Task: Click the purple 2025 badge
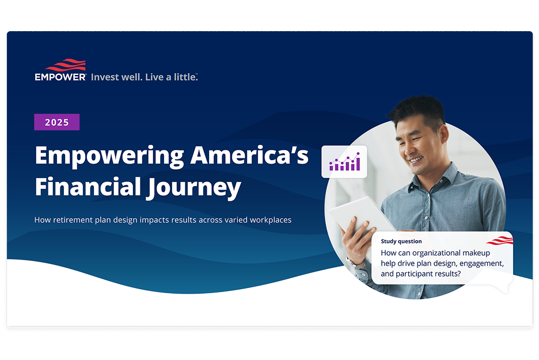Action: point(56,122)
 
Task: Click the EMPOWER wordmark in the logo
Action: point(60,77)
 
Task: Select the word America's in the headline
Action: point(249,155)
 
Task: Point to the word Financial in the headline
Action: point(88,187)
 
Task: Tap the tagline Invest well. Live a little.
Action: point(144,77)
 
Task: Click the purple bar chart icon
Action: point(344,162)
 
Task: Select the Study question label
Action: point(401,241)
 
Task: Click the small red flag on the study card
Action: point(500,240)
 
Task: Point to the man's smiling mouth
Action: point(416,160)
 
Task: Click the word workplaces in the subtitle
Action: point(271,220)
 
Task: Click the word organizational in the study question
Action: point(436,253)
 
